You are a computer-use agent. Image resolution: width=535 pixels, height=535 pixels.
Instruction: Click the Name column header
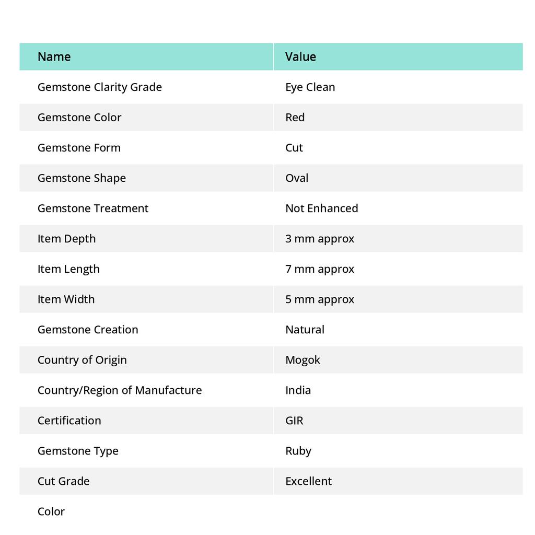click(x=54, y=57)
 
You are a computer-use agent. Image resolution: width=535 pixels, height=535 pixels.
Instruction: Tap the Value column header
click(x=300, y=57)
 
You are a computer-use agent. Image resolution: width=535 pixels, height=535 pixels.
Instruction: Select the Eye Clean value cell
click(x=310, y=87)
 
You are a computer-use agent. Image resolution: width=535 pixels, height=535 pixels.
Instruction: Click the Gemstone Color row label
click(x=79, y=118)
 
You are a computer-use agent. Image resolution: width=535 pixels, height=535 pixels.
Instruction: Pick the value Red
click(x=295, y=118)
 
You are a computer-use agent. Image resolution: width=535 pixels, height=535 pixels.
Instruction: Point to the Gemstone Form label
click(x=79, y=148)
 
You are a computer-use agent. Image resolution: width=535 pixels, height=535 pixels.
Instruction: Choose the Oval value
click(x=297, y=178)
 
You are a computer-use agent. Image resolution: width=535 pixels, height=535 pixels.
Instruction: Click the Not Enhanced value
click(x=321, y=208)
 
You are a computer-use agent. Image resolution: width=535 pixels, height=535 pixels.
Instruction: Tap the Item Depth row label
click(x=66, y=239)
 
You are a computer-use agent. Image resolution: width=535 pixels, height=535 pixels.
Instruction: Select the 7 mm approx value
click(x=319, y=269)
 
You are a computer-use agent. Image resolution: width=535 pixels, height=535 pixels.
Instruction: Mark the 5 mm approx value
click(x=319, y=299)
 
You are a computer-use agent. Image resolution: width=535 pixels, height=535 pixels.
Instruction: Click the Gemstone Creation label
click(x=88, y=330)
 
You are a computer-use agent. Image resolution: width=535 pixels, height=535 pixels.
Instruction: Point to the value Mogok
click(x=303, y=360)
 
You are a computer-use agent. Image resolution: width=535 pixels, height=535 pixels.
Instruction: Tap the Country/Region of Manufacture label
click(x=120, y=390)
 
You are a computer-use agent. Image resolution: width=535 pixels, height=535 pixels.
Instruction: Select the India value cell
click(x=298, y=390)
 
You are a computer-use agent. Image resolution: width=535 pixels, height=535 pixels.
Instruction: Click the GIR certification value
click(x=294, y=421)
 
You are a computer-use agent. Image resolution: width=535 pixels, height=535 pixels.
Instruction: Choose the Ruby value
click(x=298, y=451)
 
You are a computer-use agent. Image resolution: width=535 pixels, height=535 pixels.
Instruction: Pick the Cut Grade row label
click(x=63, y=481)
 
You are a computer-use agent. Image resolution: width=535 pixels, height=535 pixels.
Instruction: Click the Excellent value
click(x=308, y=481)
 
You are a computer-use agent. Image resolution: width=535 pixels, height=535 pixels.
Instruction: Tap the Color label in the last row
click(x=51, y=511)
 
